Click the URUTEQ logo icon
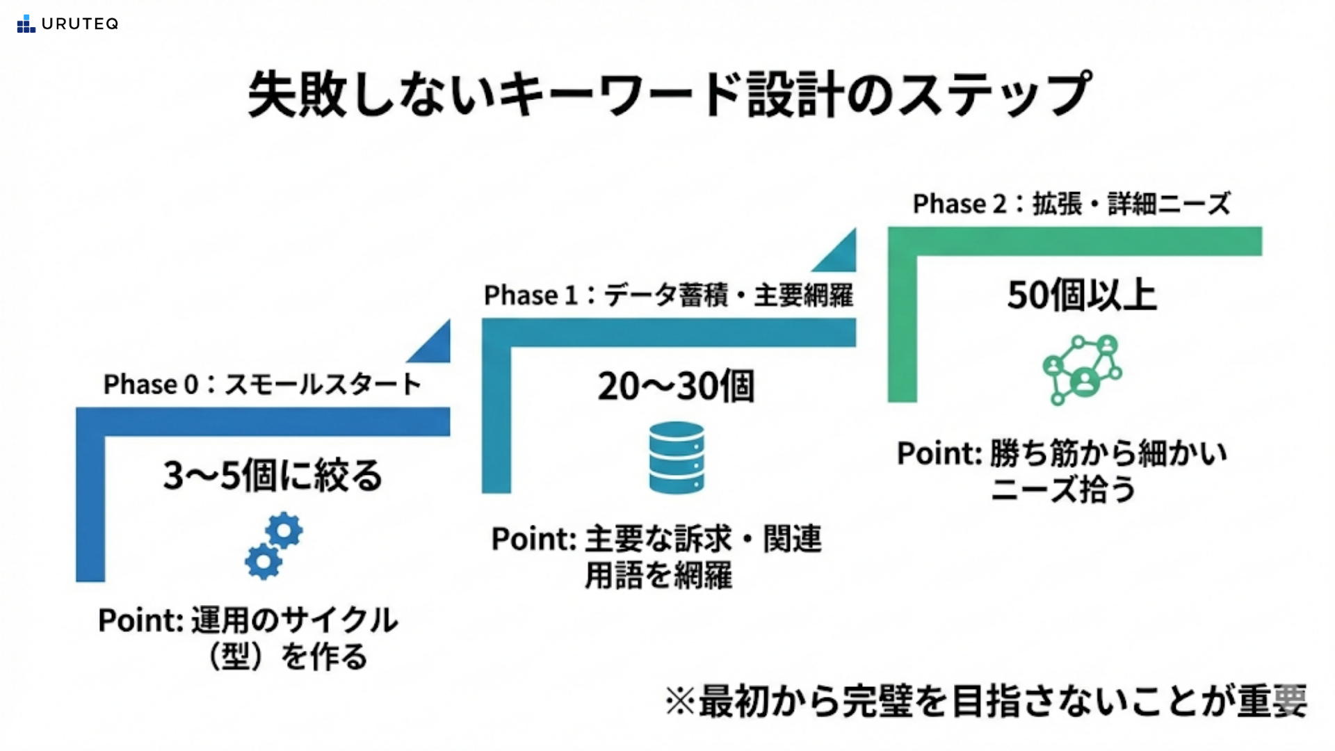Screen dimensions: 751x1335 pyautogui.click(x=26, y=24)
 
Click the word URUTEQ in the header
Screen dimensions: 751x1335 pyautogui.click(x=80, y=24)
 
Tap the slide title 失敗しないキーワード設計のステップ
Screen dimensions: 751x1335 pyautogui.click(x=669, y=94)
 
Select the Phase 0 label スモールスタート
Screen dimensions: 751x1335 pyautogui.click(x=263, y=384)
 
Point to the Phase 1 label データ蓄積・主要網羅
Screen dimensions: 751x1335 pyautogui.click(x=668, y=295)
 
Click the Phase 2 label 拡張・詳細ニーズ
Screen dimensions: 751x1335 pyautogui.click(x=1071, y=204)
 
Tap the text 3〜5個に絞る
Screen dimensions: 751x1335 pyautogui.click(x=273, y=476)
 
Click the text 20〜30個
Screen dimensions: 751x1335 pyautogui.click(x=676, y=386)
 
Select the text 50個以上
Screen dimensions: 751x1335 pyautogui.click(x=1082, y=295)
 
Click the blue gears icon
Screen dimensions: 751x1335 pyautogui.click(x=273, y=546)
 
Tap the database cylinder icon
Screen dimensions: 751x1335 pyautogui.click(x=677, y=458)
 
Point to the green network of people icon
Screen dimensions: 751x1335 pyautogui.click(x=1082, y=369)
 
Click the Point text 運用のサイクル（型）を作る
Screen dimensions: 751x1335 pyautogui.click(x=248, y=638)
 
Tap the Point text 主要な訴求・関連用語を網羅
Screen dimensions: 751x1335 pyautogui.click(x=657, y=557)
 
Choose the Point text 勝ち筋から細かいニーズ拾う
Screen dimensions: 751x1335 pyautogui.click(x=1062, y=471)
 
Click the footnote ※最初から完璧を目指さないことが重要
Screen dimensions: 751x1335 pyautogui.click(x=985, y=701)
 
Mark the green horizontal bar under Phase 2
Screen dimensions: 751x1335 pyautogui.click(x=1075, y=241)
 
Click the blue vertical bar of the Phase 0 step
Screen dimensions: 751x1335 pyautogui.click(x=90, y=501)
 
